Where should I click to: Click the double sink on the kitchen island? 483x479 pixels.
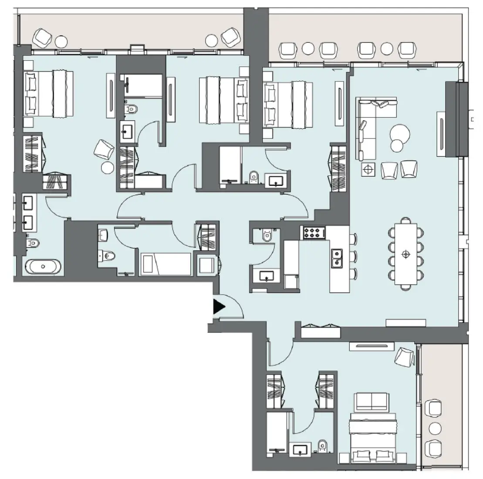[336, 257]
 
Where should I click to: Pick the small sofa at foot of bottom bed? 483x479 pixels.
[371, 401]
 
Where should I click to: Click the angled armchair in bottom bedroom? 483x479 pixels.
[404, 356]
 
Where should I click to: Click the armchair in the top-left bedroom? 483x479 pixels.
[104, 149]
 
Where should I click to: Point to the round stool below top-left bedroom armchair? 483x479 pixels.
[107, 167]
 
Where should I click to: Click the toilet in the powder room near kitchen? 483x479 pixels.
[267, 236]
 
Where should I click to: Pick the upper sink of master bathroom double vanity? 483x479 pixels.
[29, 203]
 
